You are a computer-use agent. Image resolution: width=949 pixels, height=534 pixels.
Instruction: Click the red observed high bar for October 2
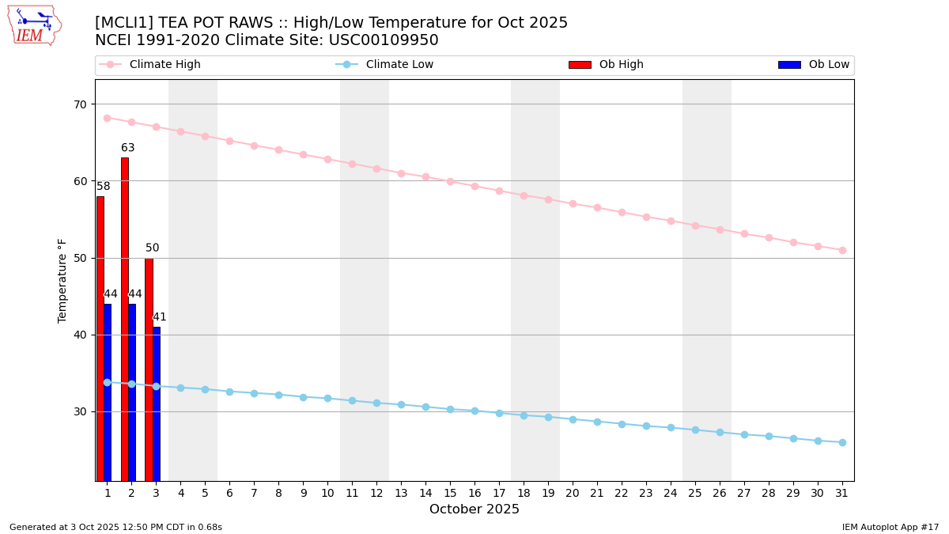tap(124, 316)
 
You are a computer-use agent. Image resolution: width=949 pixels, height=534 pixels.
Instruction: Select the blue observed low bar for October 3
tap(157, 403)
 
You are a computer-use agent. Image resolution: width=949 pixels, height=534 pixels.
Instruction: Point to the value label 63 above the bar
tap(127, 148)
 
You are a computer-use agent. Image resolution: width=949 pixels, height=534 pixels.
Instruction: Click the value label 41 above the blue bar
tap(160, 317)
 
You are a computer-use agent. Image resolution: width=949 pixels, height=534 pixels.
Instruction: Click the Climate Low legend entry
tap(388, 65)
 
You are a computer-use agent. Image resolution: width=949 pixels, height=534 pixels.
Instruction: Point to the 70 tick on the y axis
tap(80, 104)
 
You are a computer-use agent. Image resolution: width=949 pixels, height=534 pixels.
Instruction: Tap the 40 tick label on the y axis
tap(80, 335)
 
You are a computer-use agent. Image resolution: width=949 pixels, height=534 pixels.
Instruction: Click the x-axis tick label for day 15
tap(450, 494)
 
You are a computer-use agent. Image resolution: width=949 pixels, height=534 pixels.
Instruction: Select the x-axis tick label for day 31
tap(842, 494)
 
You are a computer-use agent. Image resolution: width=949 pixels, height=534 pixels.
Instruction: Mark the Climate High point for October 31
tap(842, 250)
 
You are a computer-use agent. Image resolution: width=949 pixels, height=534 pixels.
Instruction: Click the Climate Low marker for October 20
tap(573, 419)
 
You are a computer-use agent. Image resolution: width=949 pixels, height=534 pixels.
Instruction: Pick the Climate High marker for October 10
tap(327, 159)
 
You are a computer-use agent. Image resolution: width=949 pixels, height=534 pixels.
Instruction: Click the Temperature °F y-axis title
tap(62, 280)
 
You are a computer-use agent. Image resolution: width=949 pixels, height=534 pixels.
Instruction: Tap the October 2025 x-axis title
tap(475, 509)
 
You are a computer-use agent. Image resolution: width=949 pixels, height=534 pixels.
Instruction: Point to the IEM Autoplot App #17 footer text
tap(890, 527)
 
